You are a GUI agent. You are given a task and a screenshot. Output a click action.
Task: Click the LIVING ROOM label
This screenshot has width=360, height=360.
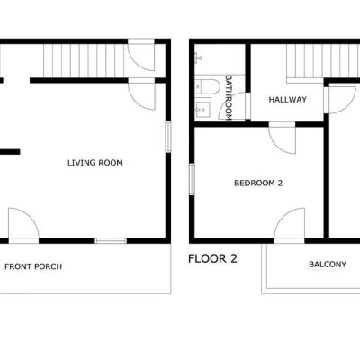coord(95,163)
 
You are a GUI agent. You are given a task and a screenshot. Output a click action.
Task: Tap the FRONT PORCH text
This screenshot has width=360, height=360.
coord(33,266)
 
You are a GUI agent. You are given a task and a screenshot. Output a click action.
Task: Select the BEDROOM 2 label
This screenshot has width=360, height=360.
coord(258,183)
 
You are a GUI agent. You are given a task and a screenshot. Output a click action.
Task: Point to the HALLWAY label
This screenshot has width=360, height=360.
coord(288,100)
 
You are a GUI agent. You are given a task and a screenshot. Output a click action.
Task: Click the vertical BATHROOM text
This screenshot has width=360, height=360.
coord(229,98)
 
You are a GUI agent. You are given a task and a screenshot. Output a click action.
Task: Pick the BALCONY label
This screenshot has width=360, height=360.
coord(328,265)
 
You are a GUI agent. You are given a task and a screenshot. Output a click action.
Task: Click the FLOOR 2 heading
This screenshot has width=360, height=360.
coord(212,258)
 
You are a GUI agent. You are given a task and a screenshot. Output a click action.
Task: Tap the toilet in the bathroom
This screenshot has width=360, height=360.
coord(207,86)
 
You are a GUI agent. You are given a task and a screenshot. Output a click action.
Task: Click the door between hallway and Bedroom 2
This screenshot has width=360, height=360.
coord(282,138)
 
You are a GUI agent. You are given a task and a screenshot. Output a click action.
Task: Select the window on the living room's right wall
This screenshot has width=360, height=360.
coord(168,137)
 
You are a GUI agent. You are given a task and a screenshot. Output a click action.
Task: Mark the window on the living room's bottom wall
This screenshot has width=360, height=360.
coord(111,241)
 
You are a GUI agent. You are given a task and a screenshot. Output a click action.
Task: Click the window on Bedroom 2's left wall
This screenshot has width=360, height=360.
coord(192,179)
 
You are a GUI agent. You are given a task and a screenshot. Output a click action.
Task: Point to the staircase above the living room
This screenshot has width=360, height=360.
coord(84,61)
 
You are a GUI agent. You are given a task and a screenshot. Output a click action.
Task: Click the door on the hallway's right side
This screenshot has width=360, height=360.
coord(342,99)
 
